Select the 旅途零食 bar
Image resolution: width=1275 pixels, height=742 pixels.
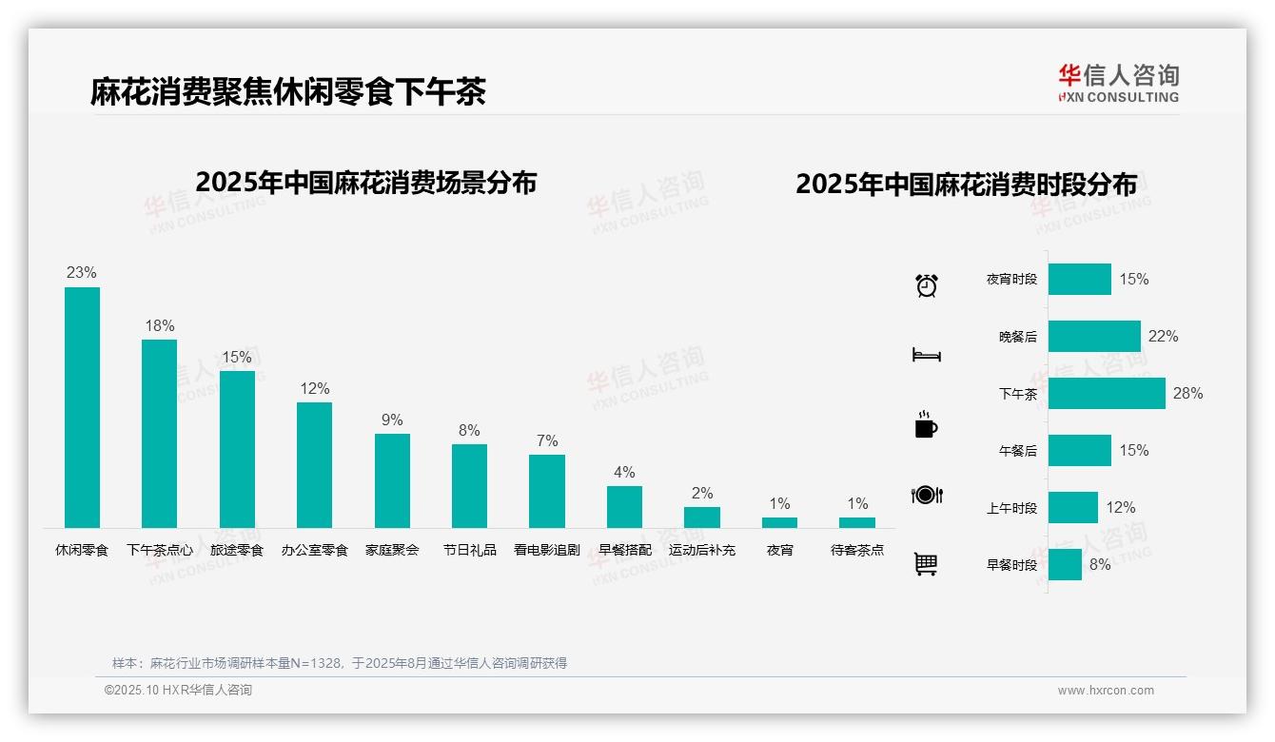237,449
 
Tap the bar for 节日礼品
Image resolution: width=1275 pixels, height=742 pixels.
469,486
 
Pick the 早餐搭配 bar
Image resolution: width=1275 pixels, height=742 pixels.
624,507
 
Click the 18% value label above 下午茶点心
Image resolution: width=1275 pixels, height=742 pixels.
160,326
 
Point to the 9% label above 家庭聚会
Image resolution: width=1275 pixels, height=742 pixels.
392,420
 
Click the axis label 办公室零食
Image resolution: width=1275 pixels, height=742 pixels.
315,550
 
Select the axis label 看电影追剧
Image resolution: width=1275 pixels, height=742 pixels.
546,550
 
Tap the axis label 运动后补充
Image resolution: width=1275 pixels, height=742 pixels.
702,550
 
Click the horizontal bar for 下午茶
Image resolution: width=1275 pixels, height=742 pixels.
1107,394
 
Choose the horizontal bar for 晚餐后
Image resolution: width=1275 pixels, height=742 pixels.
1094,337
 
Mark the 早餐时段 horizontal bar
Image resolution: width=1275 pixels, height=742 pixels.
1065,565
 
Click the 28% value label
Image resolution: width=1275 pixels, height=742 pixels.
1187,394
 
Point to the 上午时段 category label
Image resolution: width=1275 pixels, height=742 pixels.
1011,508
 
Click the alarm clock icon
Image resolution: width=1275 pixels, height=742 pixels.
927,285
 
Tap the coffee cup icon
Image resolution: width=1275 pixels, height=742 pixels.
926,425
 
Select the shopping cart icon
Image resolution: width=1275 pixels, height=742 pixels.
926,564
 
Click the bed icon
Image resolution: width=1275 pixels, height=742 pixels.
926,355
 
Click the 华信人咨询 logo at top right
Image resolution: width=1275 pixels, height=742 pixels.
1118,83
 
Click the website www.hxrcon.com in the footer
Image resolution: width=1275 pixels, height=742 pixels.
1106,691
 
